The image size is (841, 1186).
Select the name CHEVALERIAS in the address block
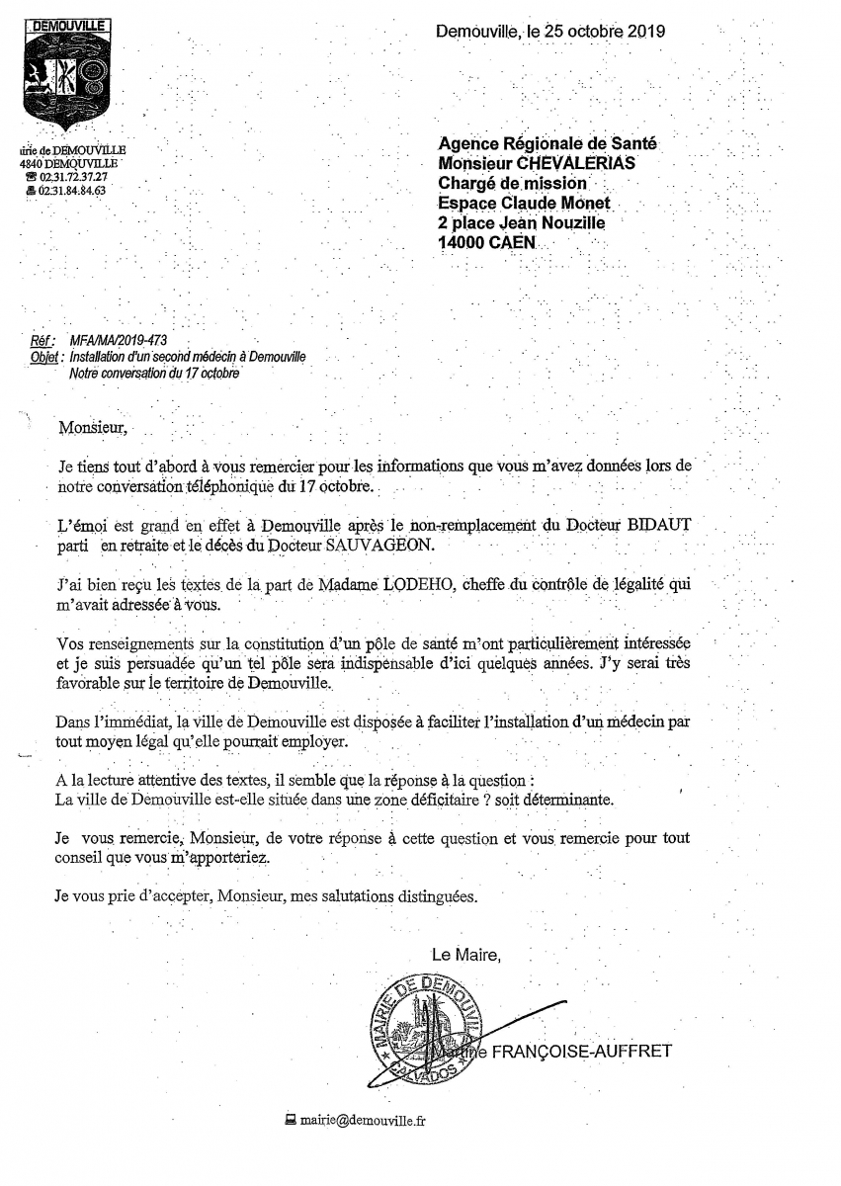point(578,163)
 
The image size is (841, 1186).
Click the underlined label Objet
point(46,357)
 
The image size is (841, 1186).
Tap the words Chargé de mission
point(512,183)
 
